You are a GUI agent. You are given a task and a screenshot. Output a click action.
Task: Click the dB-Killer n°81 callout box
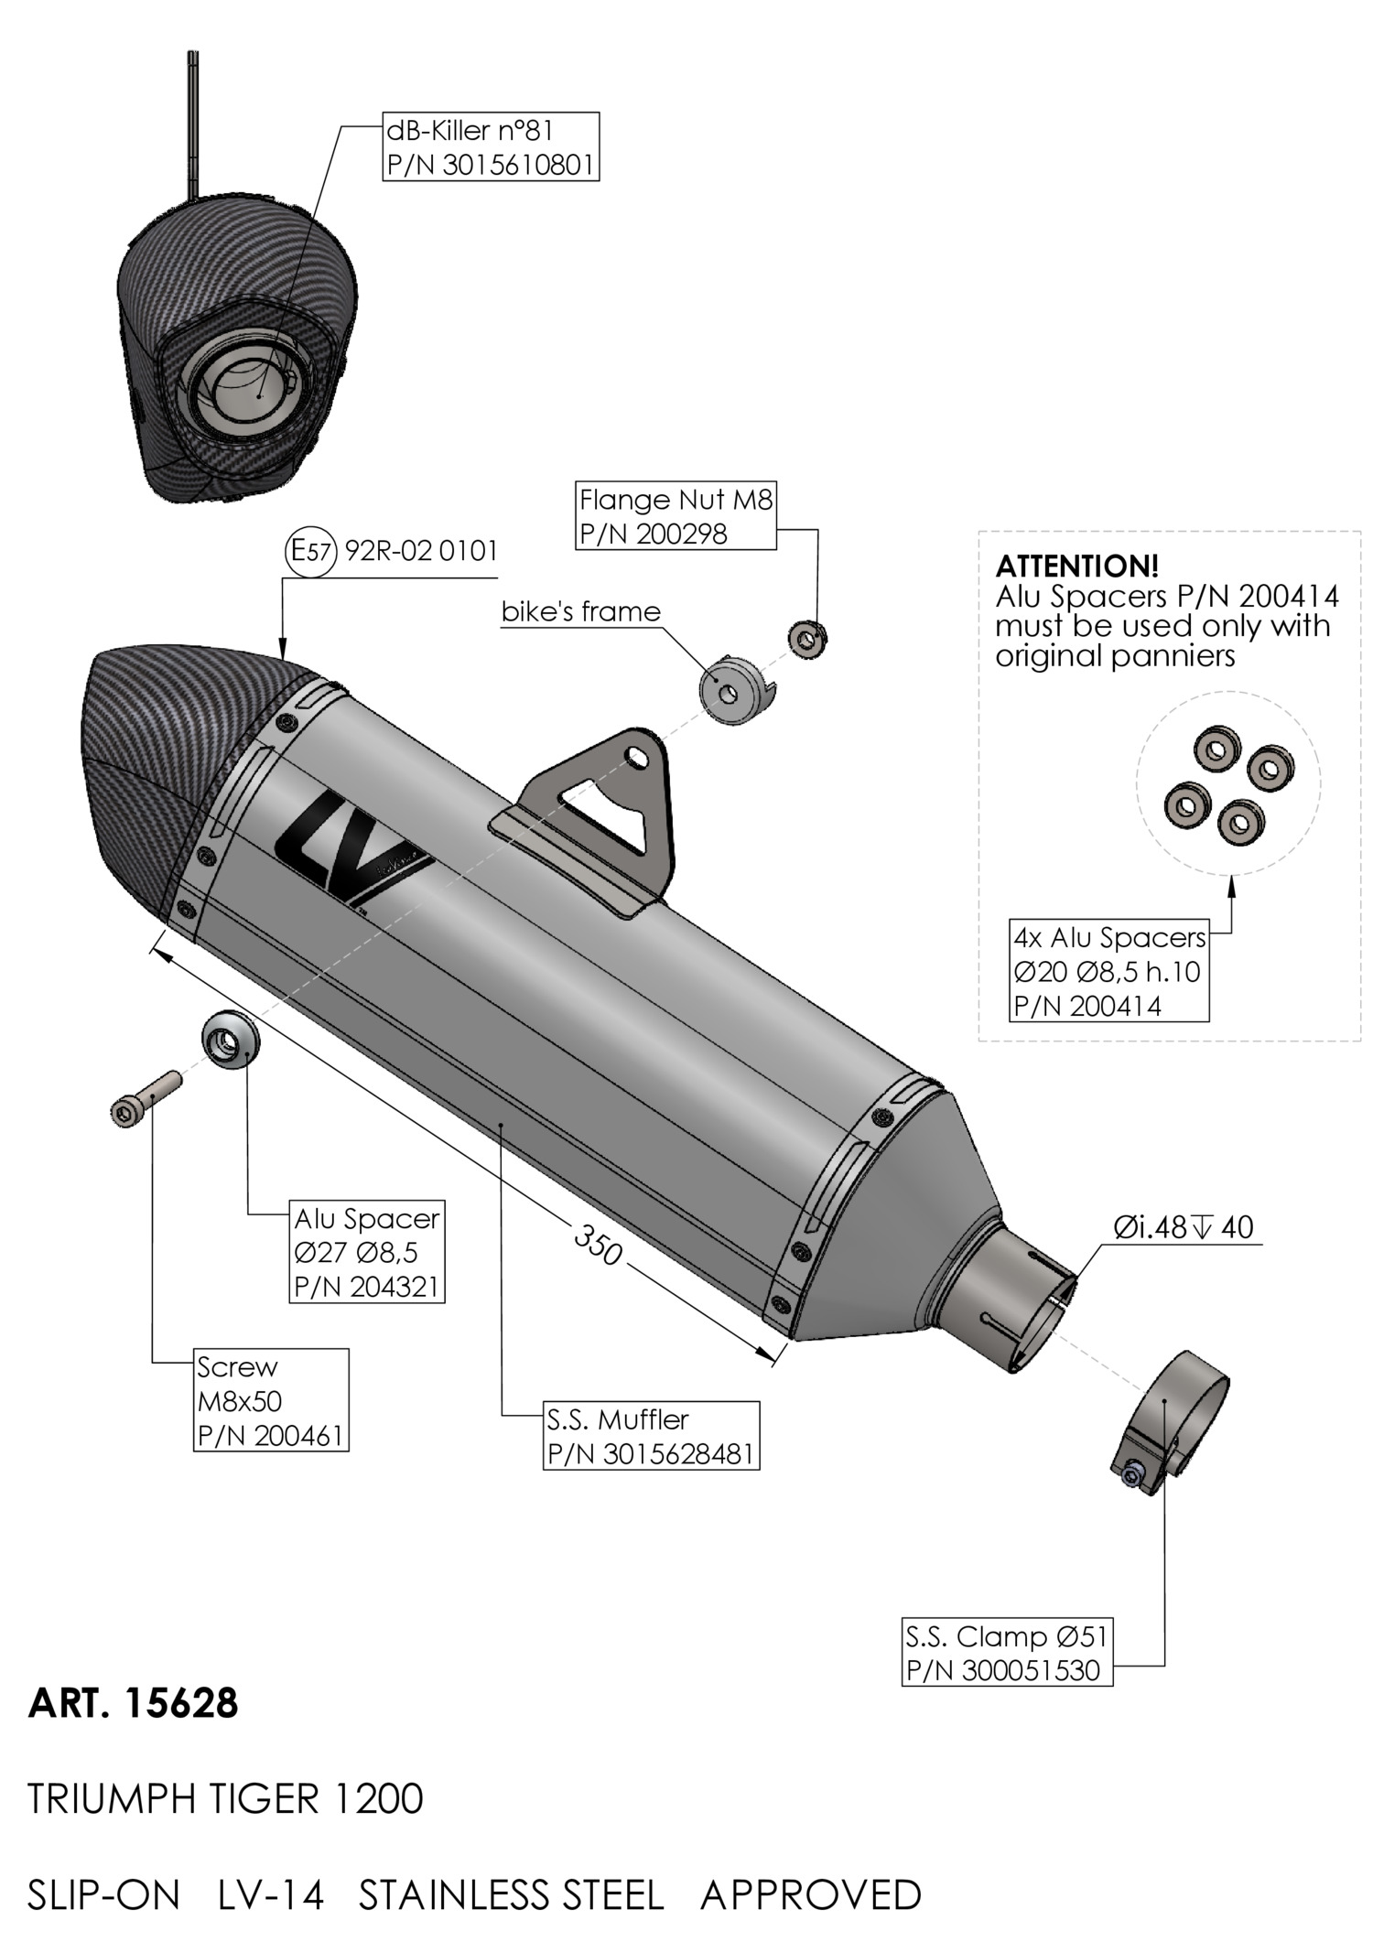point(491,146)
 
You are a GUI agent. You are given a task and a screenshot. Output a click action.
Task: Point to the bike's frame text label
point(580,611)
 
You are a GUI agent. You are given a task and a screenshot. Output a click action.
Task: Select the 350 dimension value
point(598,1244)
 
